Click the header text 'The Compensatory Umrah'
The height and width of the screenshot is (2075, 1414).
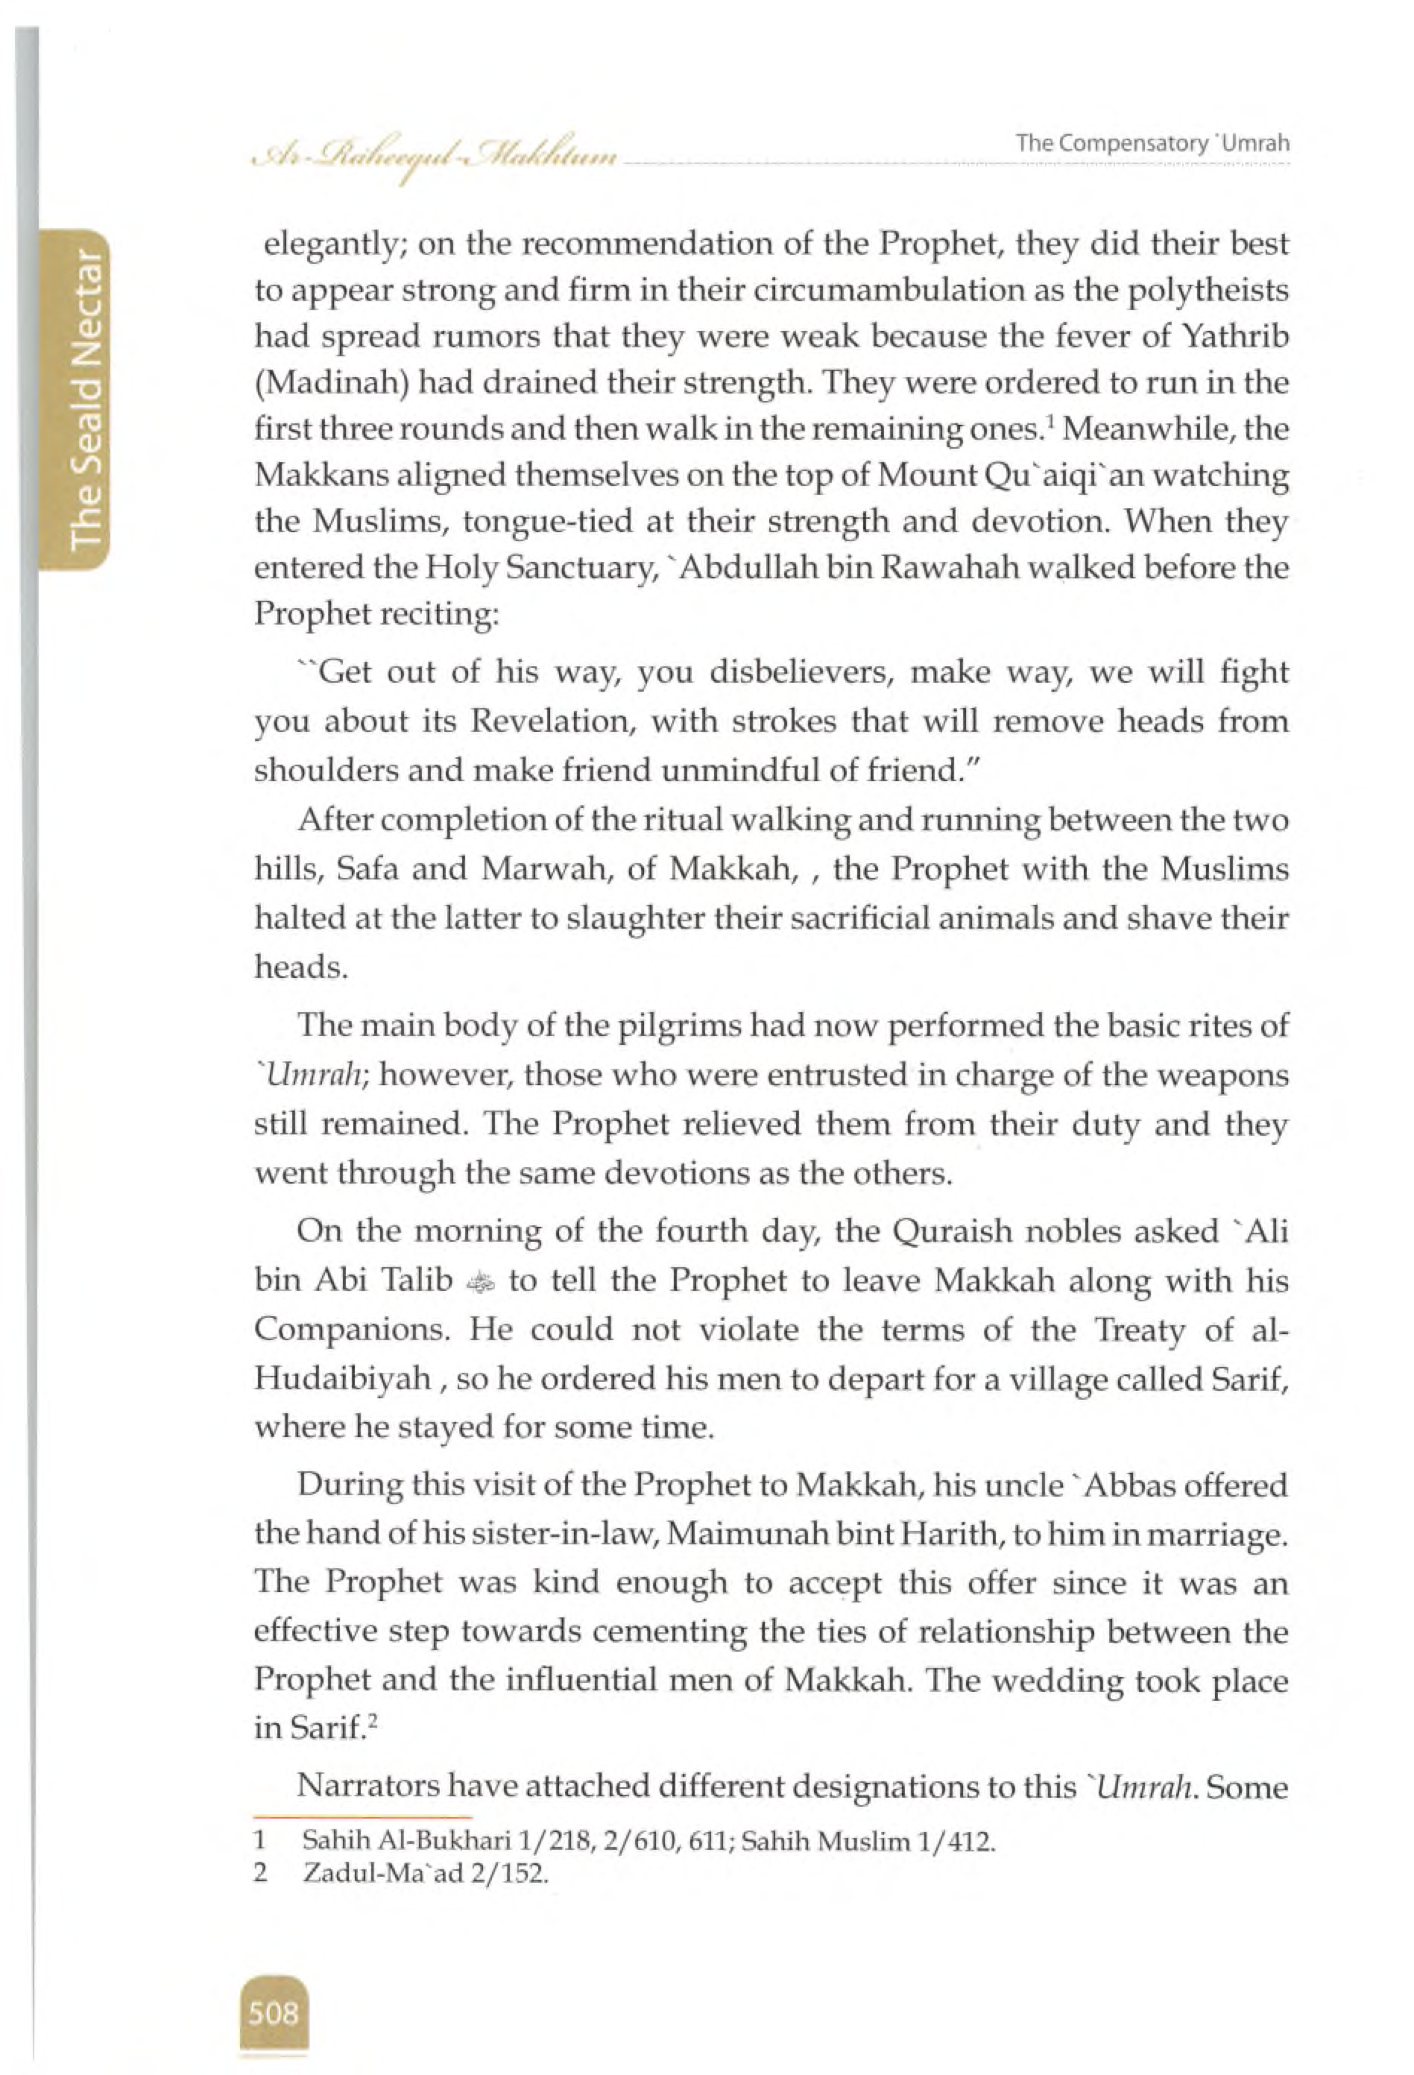pyautogui.click(x=1152, y=144)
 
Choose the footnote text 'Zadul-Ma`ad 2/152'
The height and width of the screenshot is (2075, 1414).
pyautogui.click(x=425, y=1873)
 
